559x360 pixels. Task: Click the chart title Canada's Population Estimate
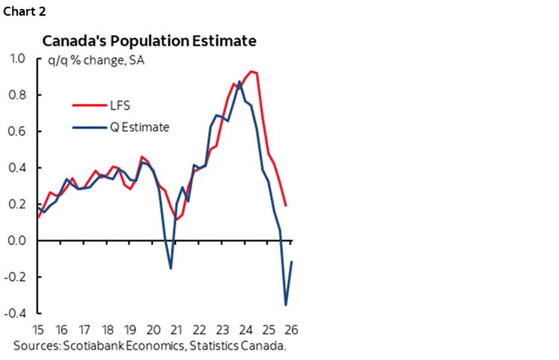click(x=149, y=40)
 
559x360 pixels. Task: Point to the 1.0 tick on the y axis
click(x=16, y=58)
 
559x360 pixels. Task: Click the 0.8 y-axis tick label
click(x=16, y=95)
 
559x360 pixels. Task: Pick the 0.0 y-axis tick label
click(x=16, y=240)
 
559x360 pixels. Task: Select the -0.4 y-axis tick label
click(x=14, y=313)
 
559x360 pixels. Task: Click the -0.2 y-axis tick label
click(x=14, y=277)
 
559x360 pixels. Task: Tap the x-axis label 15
click(x=38, y=329)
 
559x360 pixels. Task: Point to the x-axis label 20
click(x=154, y=329)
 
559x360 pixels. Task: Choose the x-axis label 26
click(x=292, y=329)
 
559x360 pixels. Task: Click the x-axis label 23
click(x=223, y=329)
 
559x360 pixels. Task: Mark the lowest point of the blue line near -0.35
click(x=286, y=305)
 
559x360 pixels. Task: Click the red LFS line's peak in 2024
click(x=251, y=71)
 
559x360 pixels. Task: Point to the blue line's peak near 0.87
click(x=239, y=81)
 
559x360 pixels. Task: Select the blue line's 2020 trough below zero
click(x=171, y=268)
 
